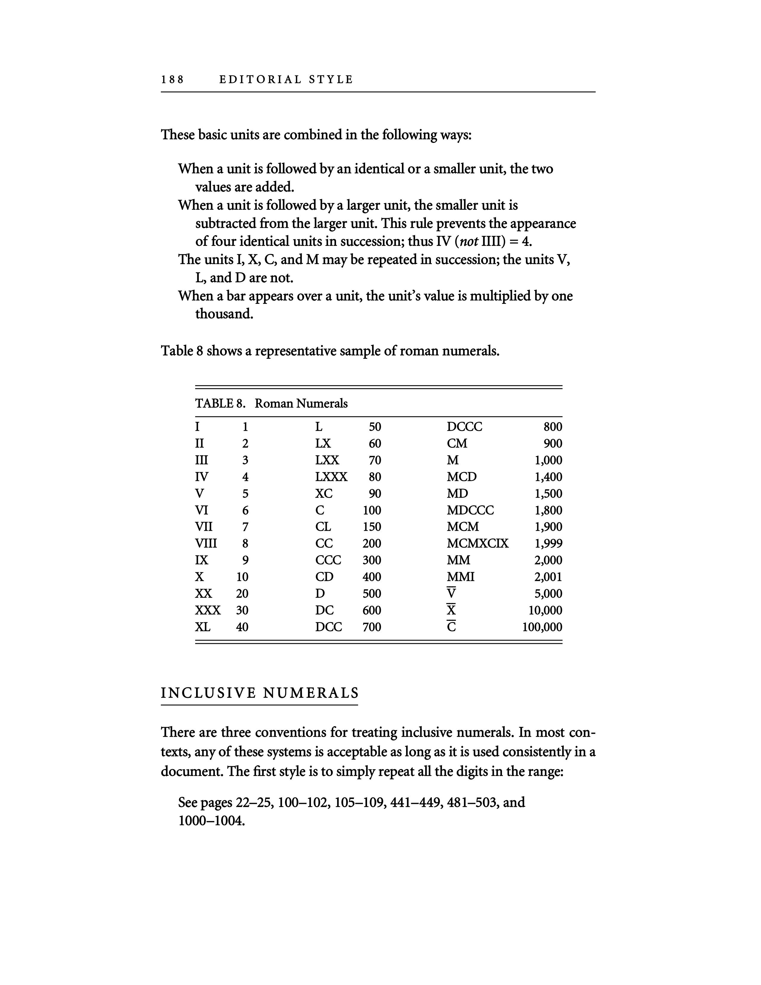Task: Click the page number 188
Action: coord(173,80)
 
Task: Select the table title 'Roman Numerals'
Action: coord(301,404)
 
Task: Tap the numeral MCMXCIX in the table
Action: coord(477,544)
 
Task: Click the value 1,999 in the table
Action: coord(548,544)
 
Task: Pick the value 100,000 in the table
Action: coord(542,627)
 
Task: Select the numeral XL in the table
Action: coord(202,627)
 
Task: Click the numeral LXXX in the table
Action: coord(331,477)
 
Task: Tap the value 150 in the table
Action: coord(372,527)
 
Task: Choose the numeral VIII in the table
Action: coord(206,544)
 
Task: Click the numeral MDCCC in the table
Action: coord(470,510)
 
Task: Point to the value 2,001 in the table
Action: coord(548,577)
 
